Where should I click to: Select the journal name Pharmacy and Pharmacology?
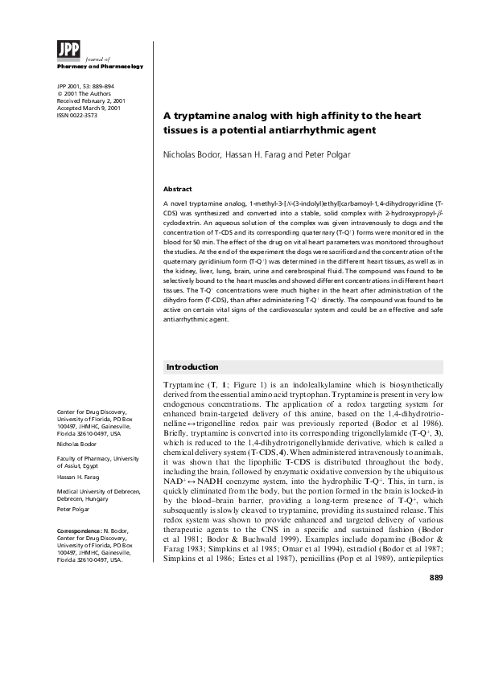point(100,66)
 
